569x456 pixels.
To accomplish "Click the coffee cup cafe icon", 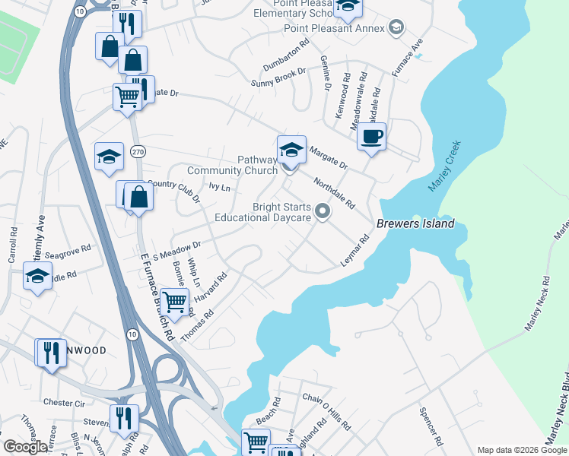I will pos(371,138).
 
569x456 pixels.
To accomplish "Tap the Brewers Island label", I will pos(415,223).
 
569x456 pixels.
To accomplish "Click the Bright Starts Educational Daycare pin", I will pos(323,211).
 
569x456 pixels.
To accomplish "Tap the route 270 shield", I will pos(136,151).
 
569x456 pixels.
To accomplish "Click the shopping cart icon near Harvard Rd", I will pos(175,302).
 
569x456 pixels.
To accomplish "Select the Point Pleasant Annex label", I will pos(336,29).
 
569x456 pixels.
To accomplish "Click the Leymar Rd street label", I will pos(354,251).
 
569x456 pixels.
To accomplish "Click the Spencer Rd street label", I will pos(431,425).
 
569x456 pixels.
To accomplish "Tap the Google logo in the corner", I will pos(25,447).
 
